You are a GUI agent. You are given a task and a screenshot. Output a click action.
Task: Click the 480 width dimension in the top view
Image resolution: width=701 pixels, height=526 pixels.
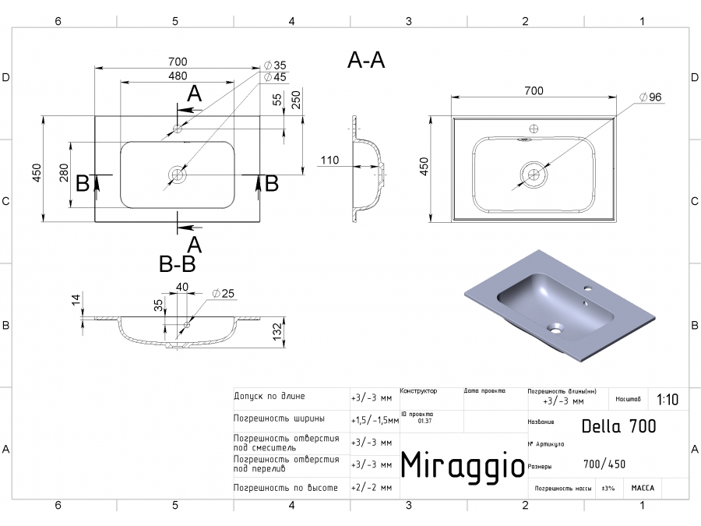click(178, 76)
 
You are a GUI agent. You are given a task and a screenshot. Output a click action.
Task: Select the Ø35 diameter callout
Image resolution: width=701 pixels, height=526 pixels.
click(275, 65)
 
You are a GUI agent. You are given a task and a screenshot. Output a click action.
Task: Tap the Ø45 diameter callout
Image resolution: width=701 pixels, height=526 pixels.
click(275, 77)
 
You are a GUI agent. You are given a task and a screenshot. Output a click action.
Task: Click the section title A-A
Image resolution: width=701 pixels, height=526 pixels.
click(366, 61)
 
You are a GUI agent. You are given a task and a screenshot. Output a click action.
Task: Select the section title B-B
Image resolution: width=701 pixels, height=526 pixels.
click(177, 264)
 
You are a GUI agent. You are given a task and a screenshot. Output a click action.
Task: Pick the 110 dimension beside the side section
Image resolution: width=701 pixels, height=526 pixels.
click(329, 161)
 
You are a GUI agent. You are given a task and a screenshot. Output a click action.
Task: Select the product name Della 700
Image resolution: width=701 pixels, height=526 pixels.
click(618, 426)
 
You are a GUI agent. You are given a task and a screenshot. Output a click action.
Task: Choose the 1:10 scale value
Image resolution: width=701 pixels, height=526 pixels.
click(668, 400)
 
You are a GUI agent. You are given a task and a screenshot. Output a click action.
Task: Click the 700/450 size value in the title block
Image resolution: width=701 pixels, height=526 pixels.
click(604, 464)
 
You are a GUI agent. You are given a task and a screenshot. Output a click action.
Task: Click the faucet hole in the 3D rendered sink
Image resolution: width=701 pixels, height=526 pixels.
click(587, 290)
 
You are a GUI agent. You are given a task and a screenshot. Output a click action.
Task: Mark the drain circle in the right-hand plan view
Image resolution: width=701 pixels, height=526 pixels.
click(534, 173)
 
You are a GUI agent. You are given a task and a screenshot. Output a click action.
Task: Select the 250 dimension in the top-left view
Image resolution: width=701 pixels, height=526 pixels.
click(296, 100)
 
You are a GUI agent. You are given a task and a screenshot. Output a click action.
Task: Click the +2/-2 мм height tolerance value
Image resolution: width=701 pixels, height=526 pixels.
click(371, 488)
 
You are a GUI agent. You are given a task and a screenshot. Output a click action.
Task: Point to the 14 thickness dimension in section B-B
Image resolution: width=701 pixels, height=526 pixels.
click(76, 300)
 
